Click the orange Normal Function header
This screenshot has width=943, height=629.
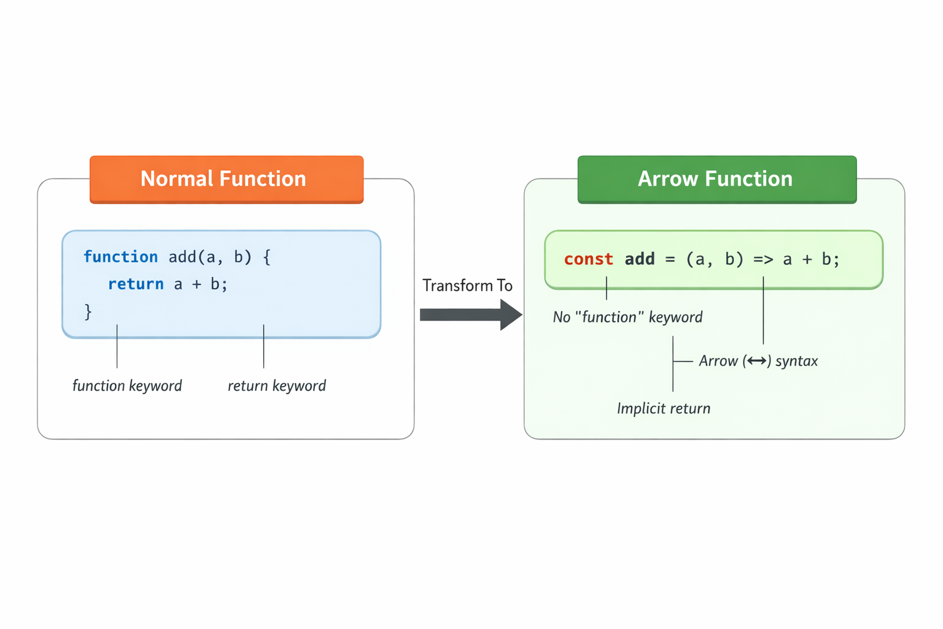[227, 179]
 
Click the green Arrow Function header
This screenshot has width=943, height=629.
[717, 179]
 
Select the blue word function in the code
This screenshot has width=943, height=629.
[121, 257]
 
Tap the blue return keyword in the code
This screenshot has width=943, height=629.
[136, 284]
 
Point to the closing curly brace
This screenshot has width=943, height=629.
[88, 312]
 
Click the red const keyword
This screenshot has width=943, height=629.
[589, 259]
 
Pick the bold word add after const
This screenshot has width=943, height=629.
[640, 259]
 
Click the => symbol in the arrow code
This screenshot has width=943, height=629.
[763, 259]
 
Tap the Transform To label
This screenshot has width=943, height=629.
[467, 286]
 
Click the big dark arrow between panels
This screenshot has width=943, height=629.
[471, 314]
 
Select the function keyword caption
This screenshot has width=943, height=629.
[127, 386]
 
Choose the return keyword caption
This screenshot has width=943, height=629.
[277, 386]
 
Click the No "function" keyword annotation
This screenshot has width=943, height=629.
[627, 317]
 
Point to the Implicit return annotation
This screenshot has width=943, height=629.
[664, 408]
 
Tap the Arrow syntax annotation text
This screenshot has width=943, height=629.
[758, 361]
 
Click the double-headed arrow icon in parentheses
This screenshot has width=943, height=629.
[757, 361]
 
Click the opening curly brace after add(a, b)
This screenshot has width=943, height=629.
[267, 257]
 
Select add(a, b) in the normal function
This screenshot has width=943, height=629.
[210, 257]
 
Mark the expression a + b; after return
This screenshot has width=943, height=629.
[201, 284]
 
